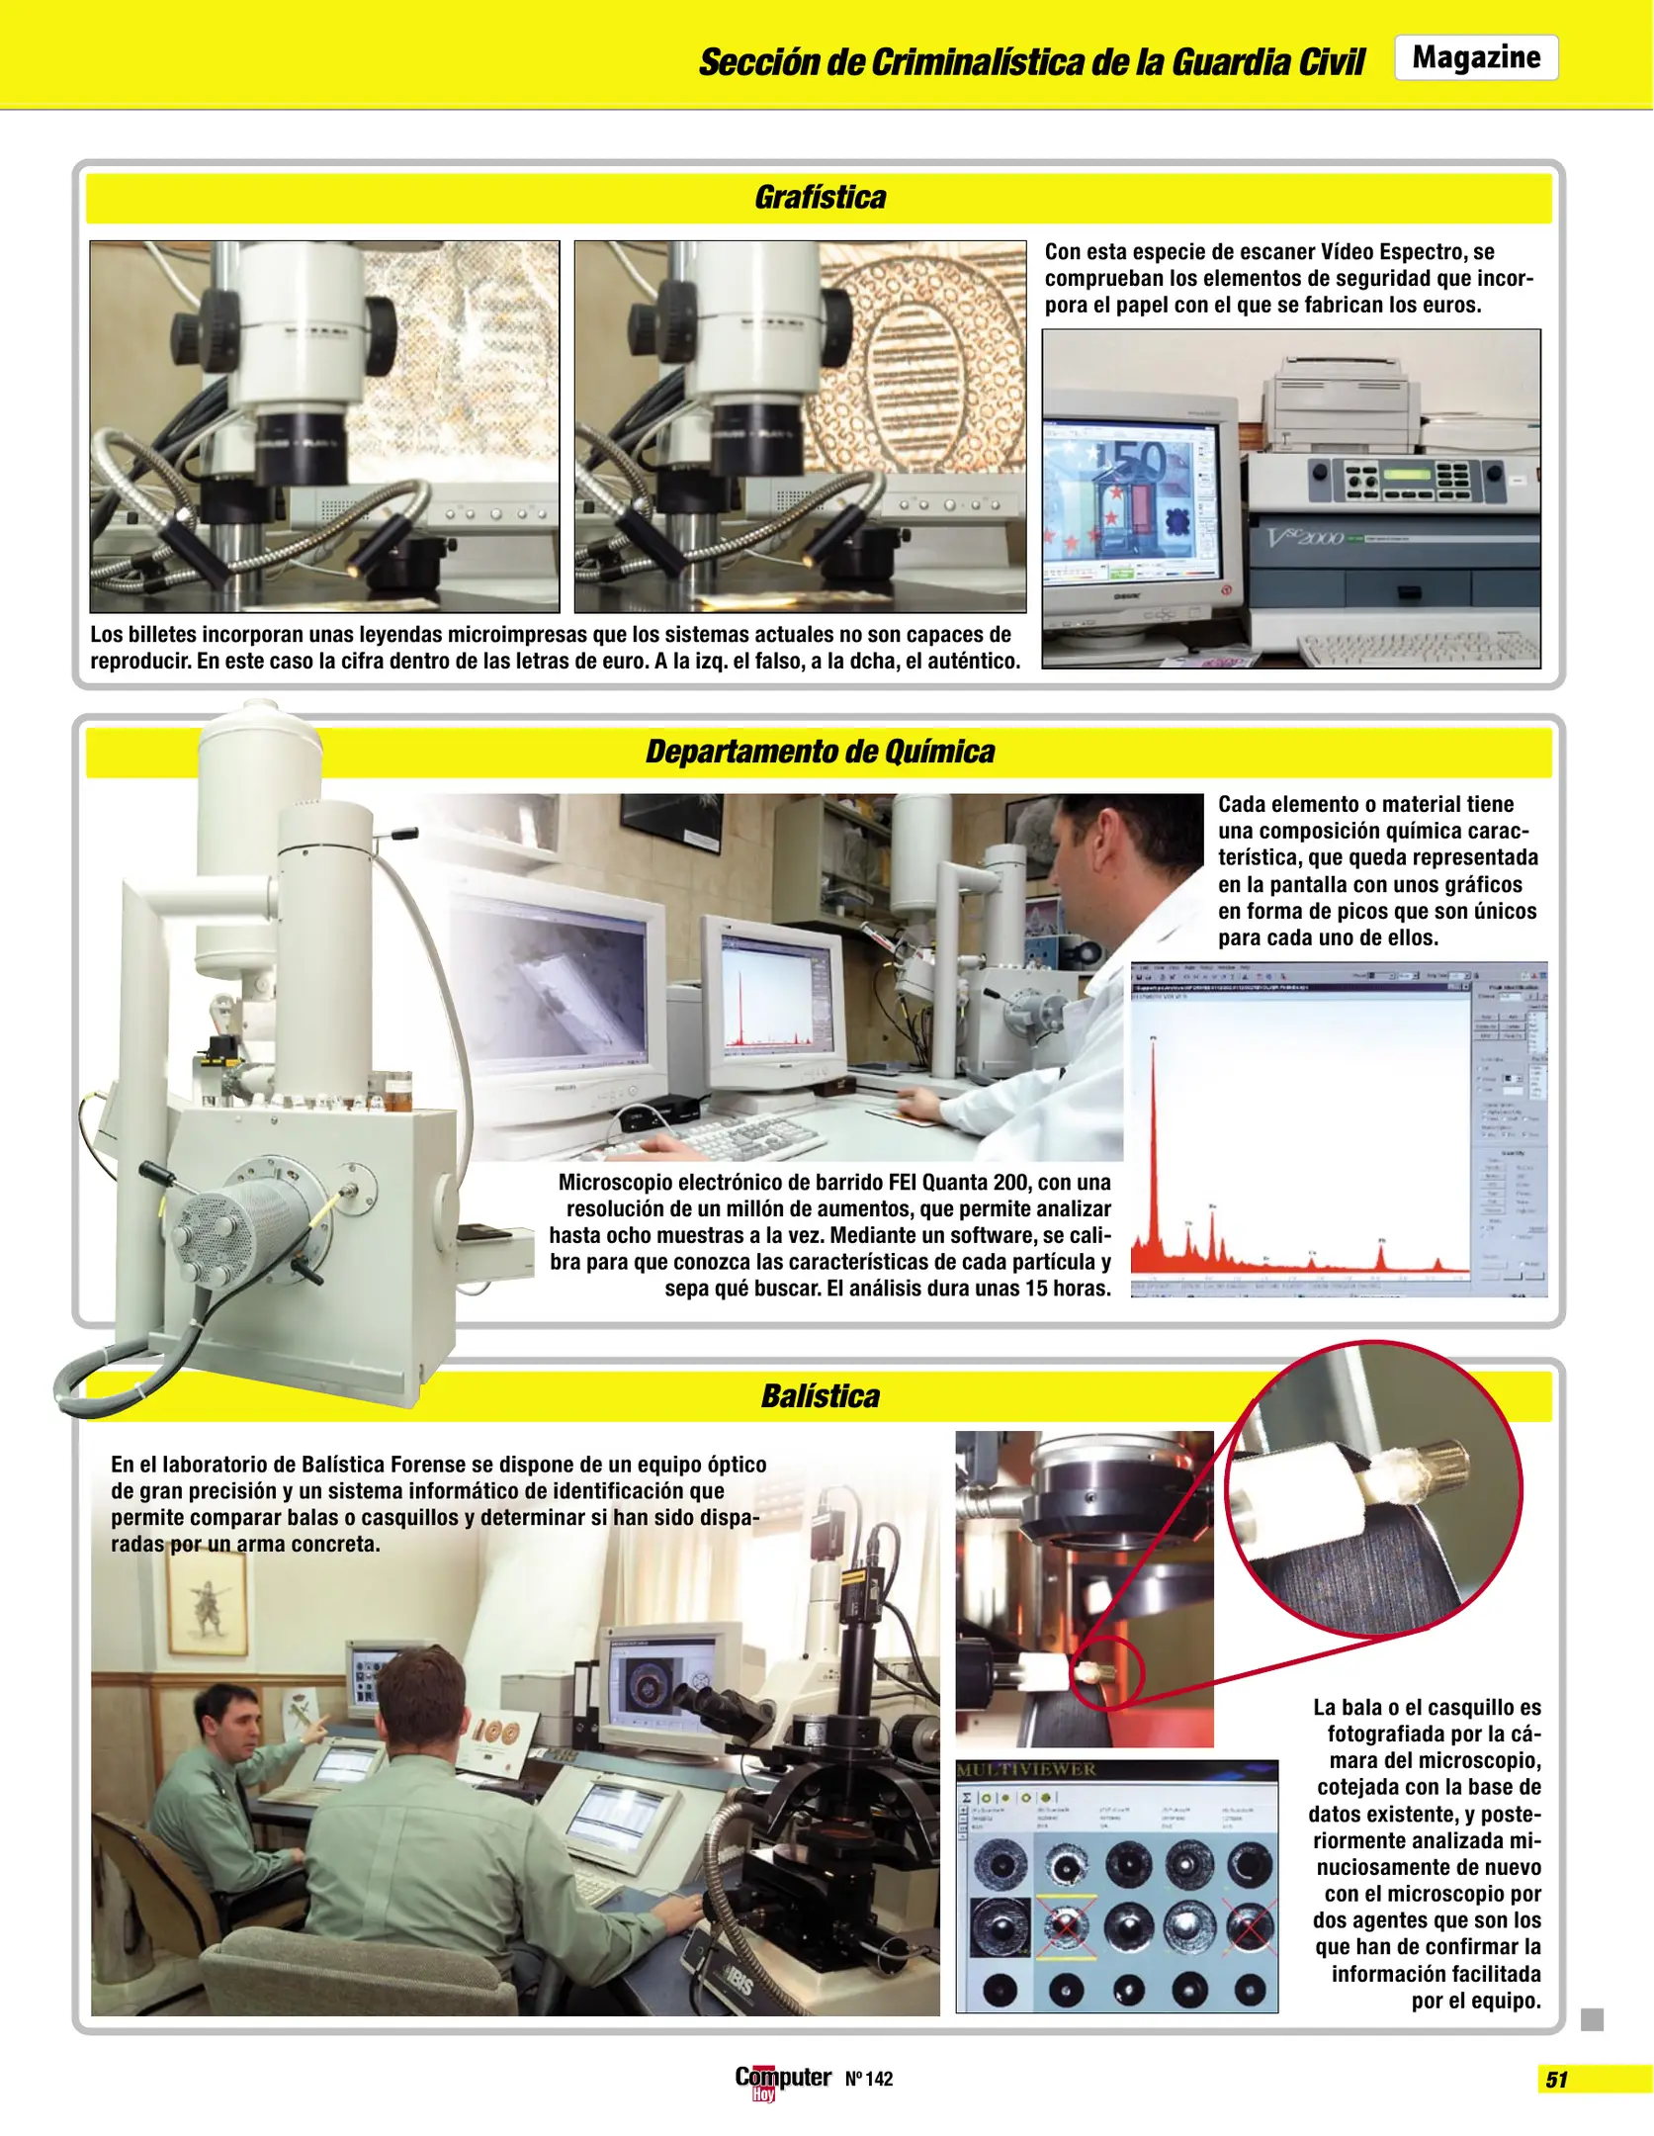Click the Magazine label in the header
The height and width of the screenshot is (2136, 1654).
tap(1475, 57)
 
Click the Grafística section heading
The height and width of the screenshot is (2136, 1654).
tap(820, 198)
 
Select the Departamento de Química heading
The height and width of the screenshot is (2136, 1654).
tap(820, 752)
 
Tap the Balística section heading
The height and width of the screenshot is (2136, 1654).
tap(820, 1396)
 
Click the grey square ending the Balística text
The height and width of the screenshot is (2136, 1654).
tap(1592, 2019)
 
